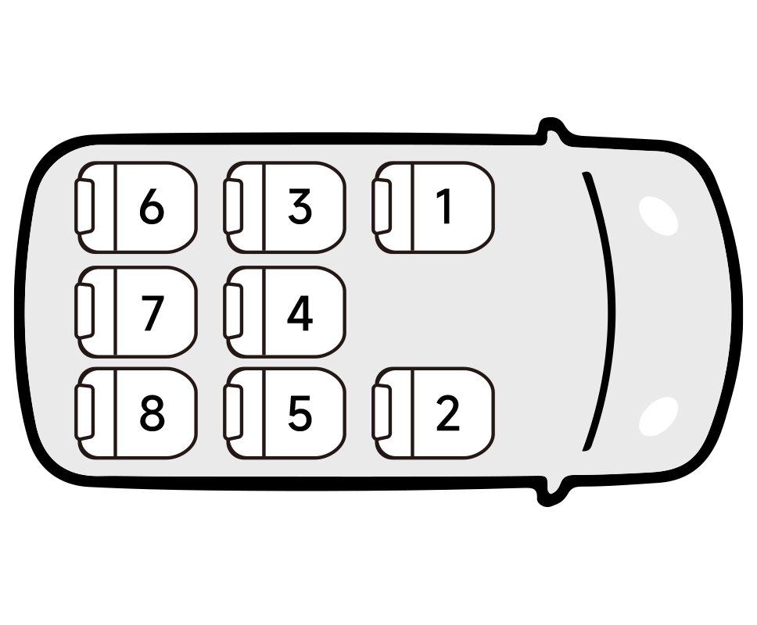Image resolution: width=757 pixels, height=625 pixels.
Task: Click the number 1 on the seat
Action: [x=445, y=207]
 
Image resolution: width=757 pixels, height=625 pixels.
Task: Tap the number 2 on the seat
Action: [x=448, y=412]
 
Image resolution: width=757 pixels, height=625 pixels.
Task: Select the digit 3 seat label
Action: [x=300, y=207]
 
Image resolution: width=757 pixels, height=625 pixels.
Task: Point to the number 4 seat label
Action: [x=300, y=314]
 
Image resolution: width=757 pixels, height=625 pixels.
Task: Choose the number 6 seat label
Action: [x=152, y=207]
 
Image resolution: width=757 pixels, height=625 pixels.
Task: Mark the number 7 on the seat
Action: [x=152, y=314]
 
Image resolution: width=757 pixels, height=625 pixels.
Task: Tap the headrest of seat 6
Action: [x=84, y=206]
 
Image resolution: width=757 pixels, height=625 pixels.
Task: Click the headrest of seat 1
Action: [x=382, y=206]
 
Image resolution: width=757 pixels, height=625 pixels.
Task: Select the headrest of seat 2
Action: [x=382, y=412]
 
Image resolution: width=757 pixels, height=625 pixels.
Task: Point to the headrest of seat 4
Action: [x=233, y=312]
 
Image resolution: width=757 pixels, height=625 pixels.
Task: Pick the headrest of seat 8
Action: [x=84, y=412]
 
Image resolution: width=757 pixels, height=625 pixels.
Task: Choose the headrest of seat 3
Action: [x=233, y=206]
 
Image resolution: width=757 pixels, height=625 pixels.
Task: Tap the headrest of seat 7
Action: [x=84, y=312]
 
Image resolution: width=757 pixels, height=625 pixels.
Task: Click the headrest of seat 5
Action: [x=233, y=412]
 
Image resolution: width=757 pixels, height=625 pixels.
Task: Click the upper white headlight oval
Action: [x=658, y=216]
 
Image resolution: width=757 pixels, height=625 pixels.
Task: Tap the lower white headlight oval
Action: [x=658, y=416]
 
